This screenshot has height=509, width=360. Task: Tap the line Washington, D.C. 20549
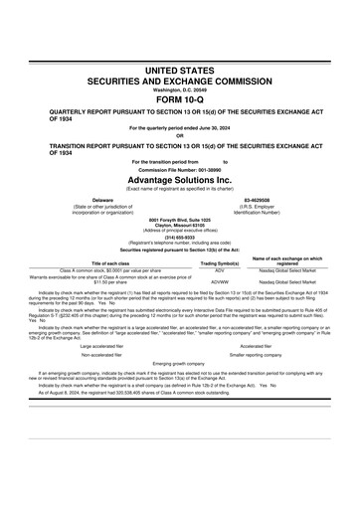180,85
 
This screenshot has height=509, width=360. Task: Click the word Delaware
102,199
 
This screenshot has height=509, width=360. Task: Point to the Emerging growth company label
180,364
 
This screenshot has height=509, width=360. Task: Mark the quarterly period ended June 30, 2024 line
180,128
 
